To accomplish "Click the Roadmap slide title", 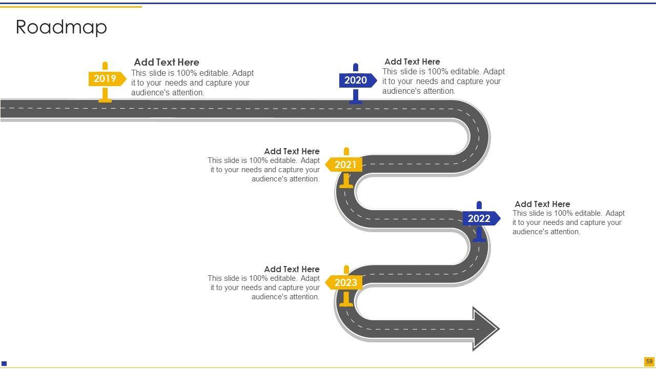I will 61,27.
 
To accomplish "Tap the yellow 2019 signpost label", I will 106,79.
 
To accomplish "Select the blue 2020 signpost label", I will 356,80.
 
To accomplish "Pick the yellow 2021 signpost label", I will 345,165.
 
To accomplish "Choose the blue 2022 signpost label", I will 480,219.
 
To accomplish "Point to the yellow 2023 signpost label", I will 345,283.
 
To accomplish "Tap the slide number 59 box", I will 649,361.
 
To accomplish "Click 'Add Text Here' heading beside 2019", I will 167,63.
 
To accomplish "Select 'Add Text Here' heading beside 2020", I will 412,61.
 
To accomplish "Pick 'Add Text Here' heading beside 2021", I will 292,151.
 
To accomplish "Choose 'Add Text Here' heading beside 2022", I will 542,204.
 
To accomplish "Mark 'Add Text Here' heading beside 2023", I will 292,269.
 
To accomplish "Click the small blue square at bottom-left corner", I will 4,364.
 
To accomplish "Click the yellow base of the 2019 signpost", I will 105,100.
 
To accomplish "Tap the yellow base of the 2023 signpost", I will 346,303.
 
